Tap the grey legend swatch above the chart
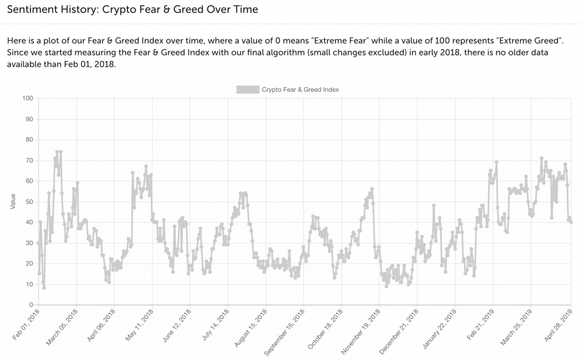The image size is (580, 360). pyautogui.click(x=248, y=89)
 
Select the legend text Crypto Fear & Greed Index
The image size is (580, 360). pyautogui.click(x=300, y=89)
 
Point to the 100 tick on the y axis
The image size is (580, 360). pyautogui.click(x=27, y=98)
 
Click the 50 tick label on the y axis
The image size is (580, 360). pyautogui.click(x=29, y=202)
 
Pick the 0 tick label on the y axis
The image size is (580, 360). pyautogui.click(x=31, y=305)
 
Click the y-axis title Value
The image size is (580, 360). pyautogui.click(x=13, y=202)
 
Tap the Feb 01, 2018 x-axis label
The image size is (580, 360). pyautogui.click(x=27, y=324)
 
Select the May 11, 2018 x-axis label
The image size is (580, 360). pyautogui.click(x=139, y=324)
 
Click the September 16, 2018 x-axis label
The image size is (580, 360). pyautogui.click(x=285, y=332)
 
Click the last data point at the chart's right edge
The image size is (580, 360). pyautogui.click(x=571, y=222)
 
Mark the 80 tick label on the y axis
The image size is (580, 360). pyautogui.click(x=29, y=140)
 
